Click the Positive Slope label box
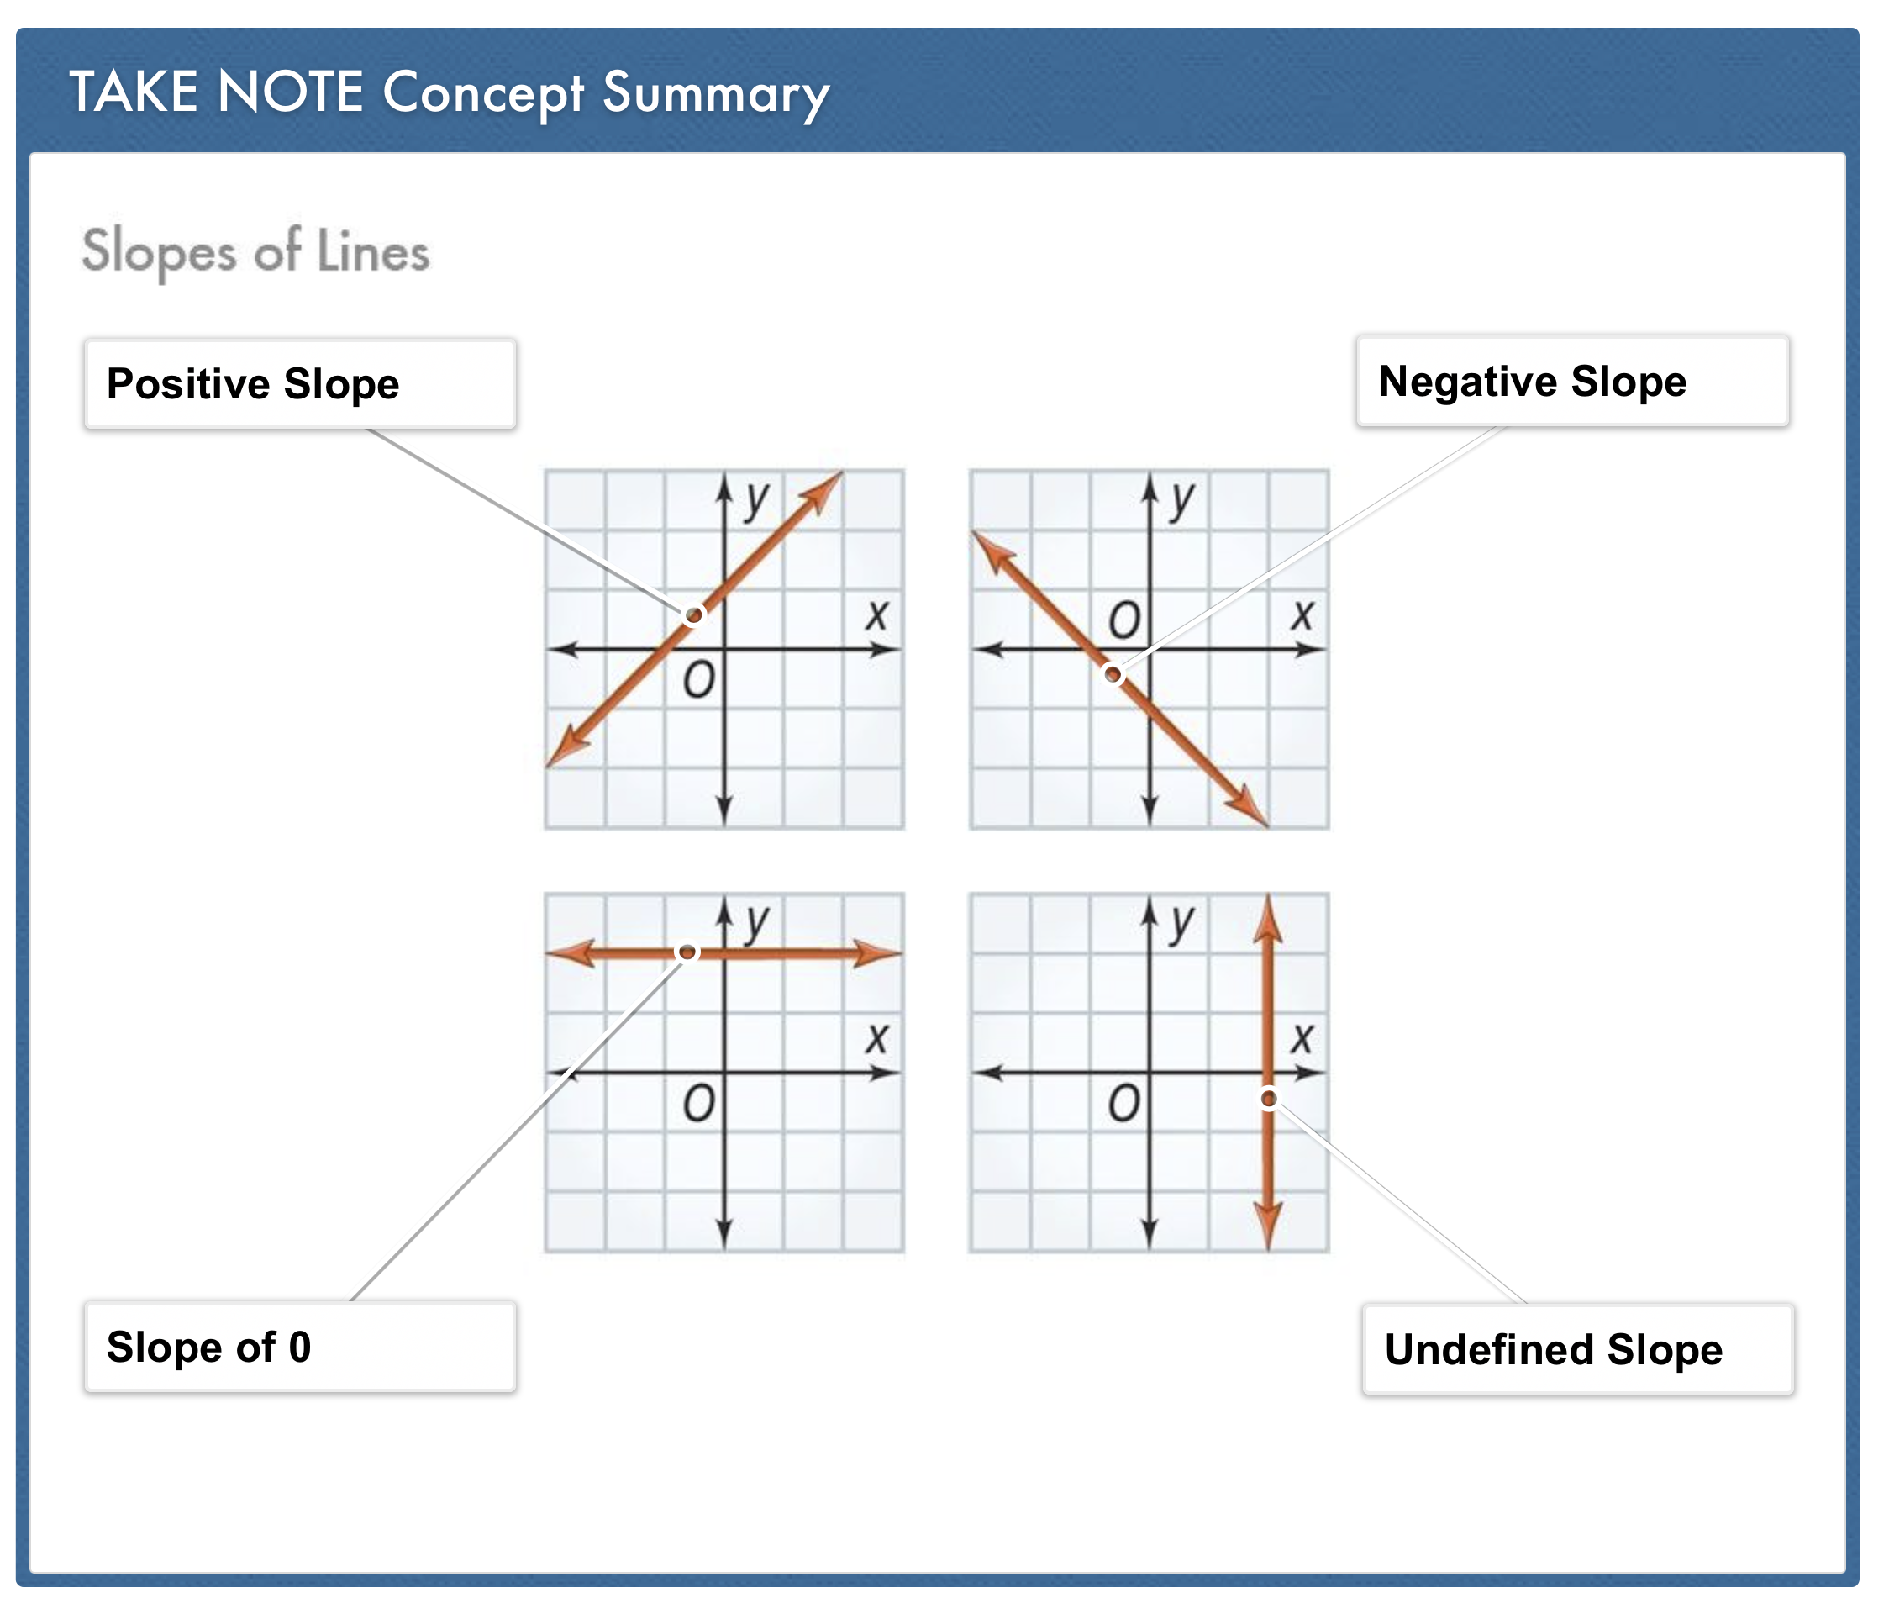(299, 384)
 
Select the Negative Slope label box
(1571, 381)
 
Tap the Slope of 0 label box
(299, 1347)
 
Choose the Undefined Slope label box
(1577, 1349)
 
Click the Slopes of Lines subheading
(255, 251)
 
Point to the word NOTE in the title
(290, 92)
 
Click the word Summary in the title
(716, 94)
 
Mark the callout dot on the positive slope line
(695, 615)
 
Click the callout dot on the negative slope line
(1113, 675)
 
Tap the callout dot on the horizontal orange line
(687, 952)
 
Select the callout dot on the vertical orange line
(1268, 1099)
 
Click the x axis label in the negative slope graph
(1302, 614)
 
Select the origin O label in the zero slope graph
(698, 1105)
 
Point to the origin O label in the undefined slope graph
(1123, 1105)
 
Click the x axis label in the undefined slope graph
(1302, 1037)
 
